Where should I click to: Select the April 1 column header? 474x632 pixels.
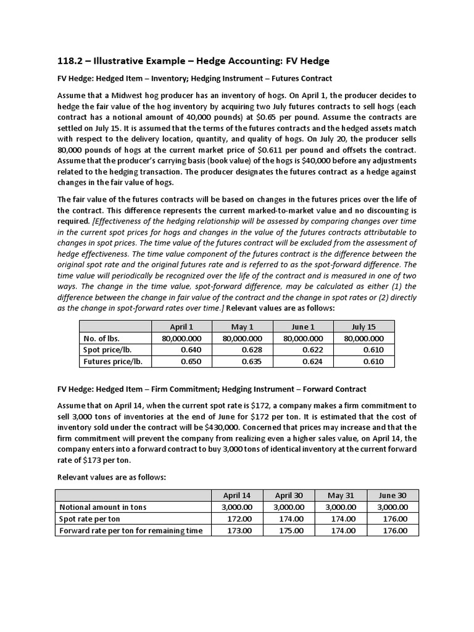(x=181, y=327)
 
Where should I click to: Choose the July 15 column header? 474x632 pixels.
(x=364, y=327)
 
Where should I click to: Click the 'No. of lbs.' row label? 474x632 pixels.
(x=102, y=338)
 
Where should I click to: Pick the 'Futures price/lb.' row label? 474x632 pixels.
(x=113, y=361)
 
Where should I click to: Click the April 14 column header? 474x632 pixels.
(x=236, y=496)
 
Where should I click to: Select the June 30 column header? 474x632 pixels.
(x=393, y=496)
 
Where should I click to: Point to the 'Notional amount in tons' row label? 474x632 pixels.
(x=103, y=507)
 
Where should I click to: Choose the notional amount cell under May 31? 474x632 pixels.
(x=341, y=507)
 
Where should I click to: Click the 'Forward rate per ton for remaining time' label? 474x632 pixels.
(x=130, y=531)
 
